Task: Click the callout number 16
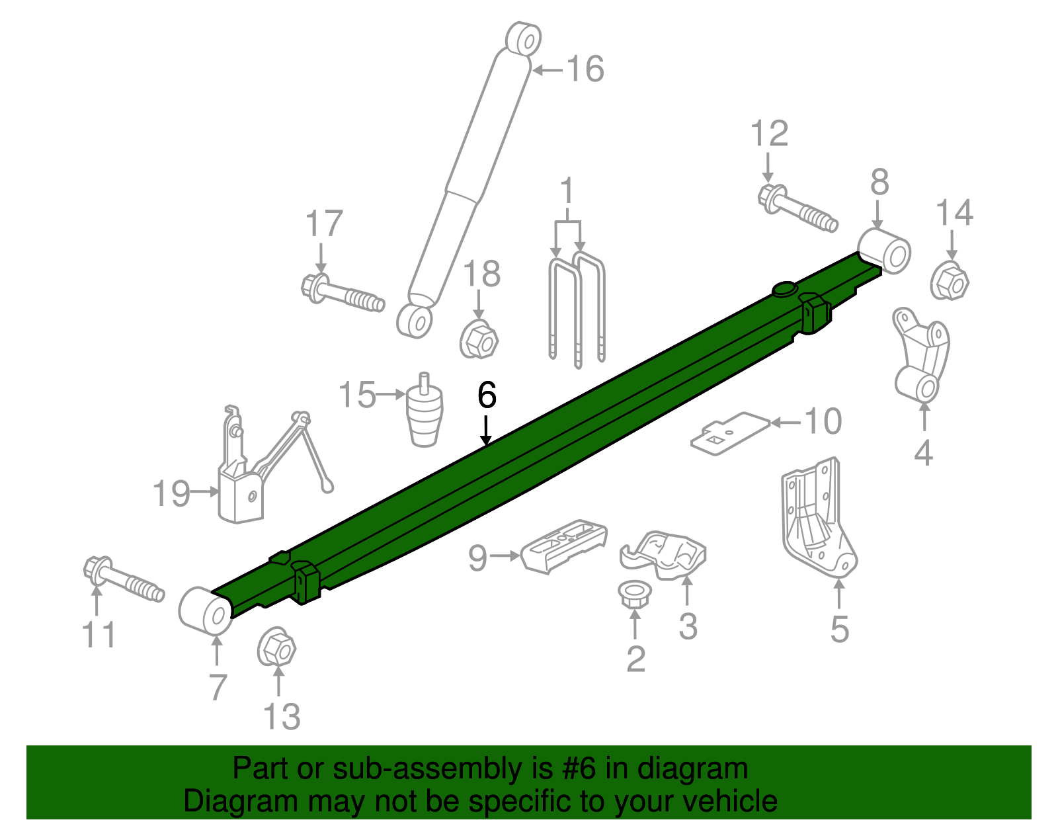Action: point(586,69)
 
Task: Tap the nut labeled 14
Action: point(950,282)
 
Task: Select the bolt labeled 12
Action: point(797,208)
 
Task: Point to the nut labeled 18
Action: point(479,340)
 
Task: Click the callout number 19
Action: point(171,493)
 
